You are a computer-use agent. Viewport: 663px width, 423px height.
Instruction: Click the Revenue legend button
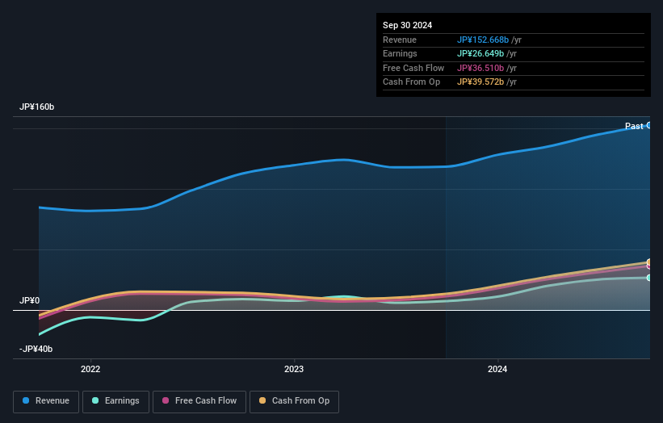click(46, 401)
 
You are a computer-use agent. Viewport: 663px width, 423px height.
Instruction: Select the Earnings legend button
click(115, 401)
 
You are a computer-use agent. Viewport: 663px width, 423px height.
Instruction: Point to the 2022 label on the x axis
click(90, 370)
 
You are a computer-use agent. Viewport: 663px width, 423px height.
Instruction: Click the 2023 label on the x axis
click(294, 370)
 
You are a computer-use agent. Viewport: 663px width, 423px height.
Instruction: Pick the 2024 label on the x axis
click(497, 370)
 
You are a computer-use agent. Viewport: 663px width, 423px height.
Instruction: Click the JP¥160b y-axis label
click(37, 107)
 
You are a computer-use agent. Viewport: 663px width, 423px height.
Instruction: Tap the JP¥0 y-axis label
click(29, 300)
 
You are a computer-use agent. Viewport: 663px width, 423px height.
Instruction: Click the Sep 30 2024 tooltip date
click(407, 25)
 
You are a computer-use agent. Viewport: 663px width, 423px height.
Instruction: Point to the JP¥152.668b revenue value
click(484, 40)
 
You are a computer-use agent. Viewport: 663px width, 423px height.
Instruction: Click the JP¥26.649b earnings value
click(481, 54)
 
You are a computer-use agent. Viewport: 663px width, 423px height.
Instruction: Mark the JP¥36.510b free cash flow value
click(481, 68)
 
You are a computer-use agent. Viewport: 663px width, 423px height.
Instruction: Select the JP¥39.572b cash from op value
click(481, 82)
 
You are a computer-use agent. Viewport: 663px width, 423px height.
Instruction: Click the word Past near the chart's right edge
click(634, 126)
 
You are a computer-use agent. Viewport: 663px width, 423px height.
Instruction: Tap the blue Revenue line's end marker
click(648, 125)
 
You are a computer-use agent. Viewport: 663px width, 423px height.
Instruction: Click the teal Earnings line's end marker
click(648, 278)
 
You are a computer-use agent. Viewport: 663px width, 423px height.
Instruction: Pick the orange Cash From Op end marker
click(648, 262)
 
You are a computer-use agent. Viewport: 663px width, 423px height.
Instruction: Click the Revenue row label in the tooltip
click(401, 40)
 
